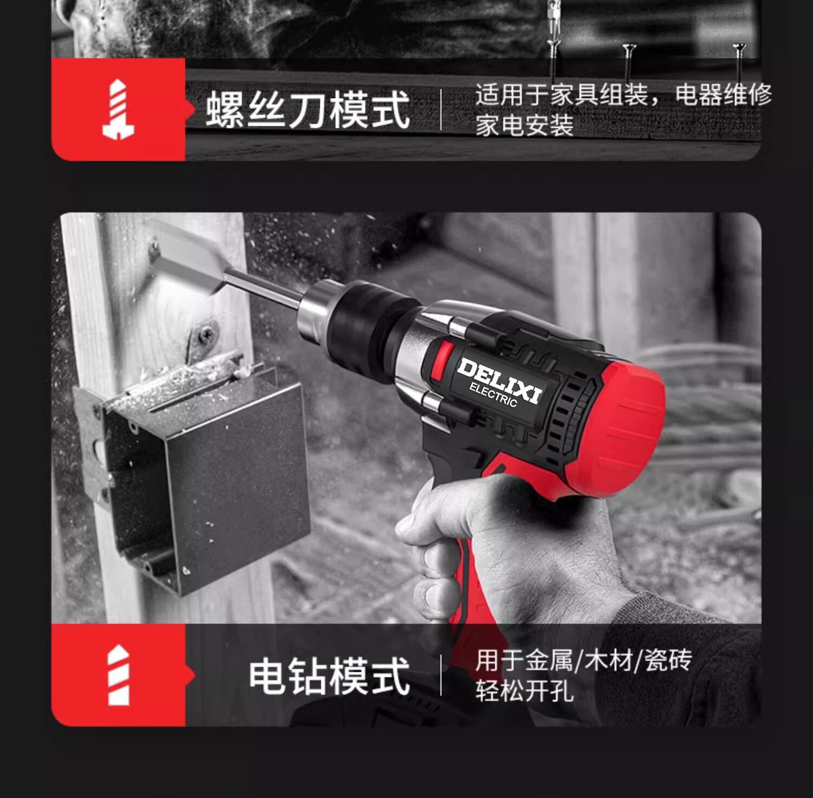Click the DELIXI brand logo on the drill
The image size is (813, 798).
click(499, 380)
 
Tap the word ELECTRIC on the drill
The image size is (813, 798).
click(493, 395)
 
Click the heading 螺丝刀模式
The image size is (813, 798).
click(307, 110)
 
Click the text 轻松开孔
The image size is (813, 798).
click(524, 691)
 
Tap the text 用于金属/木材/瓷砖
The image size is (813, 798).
click(584, 660)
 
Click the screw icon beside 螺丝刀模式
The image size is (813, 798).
click(118, 109)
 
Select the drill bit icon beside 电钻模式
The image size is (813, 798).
click(119, 675)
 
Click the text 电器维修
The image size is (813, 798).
click(724, 95)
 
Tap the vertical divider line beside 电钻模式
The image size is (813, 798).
click(441, 675)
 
